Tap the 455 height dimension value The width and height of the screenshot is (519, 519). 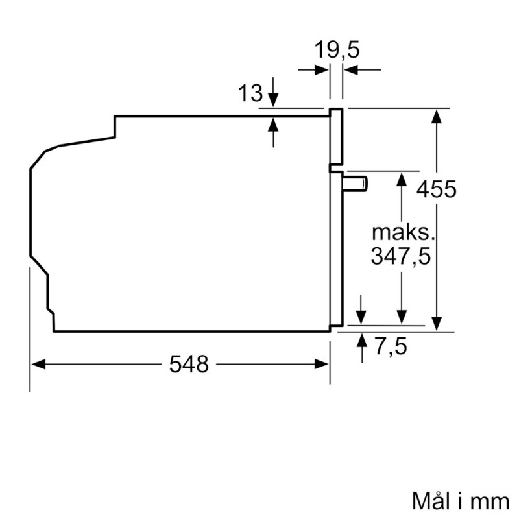click(x=437, y=189)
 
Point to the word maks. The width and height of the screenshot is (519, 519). click(x=402, y=233)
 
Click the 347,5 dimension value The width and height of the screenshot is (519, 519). click(x=401, y=256)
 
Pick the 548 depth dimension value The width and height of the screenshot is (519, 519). click(x=189, y=365)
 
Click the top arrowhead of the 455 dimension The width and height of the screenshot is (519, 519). click(x=438, y=115)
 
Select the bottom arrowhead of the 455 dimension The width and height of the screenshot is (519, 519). click(x=438, y=322)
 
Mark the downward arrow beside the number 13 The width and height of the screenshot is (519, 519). click(x=273, y=97)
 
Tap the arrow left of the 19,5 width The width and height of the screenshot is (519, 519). click(x=320, y=69)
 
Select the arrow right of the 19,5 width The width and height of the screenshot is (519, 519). click(x=352, y=69)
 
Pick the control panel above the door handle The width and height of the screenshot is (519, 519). click(x=336, y=136)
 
